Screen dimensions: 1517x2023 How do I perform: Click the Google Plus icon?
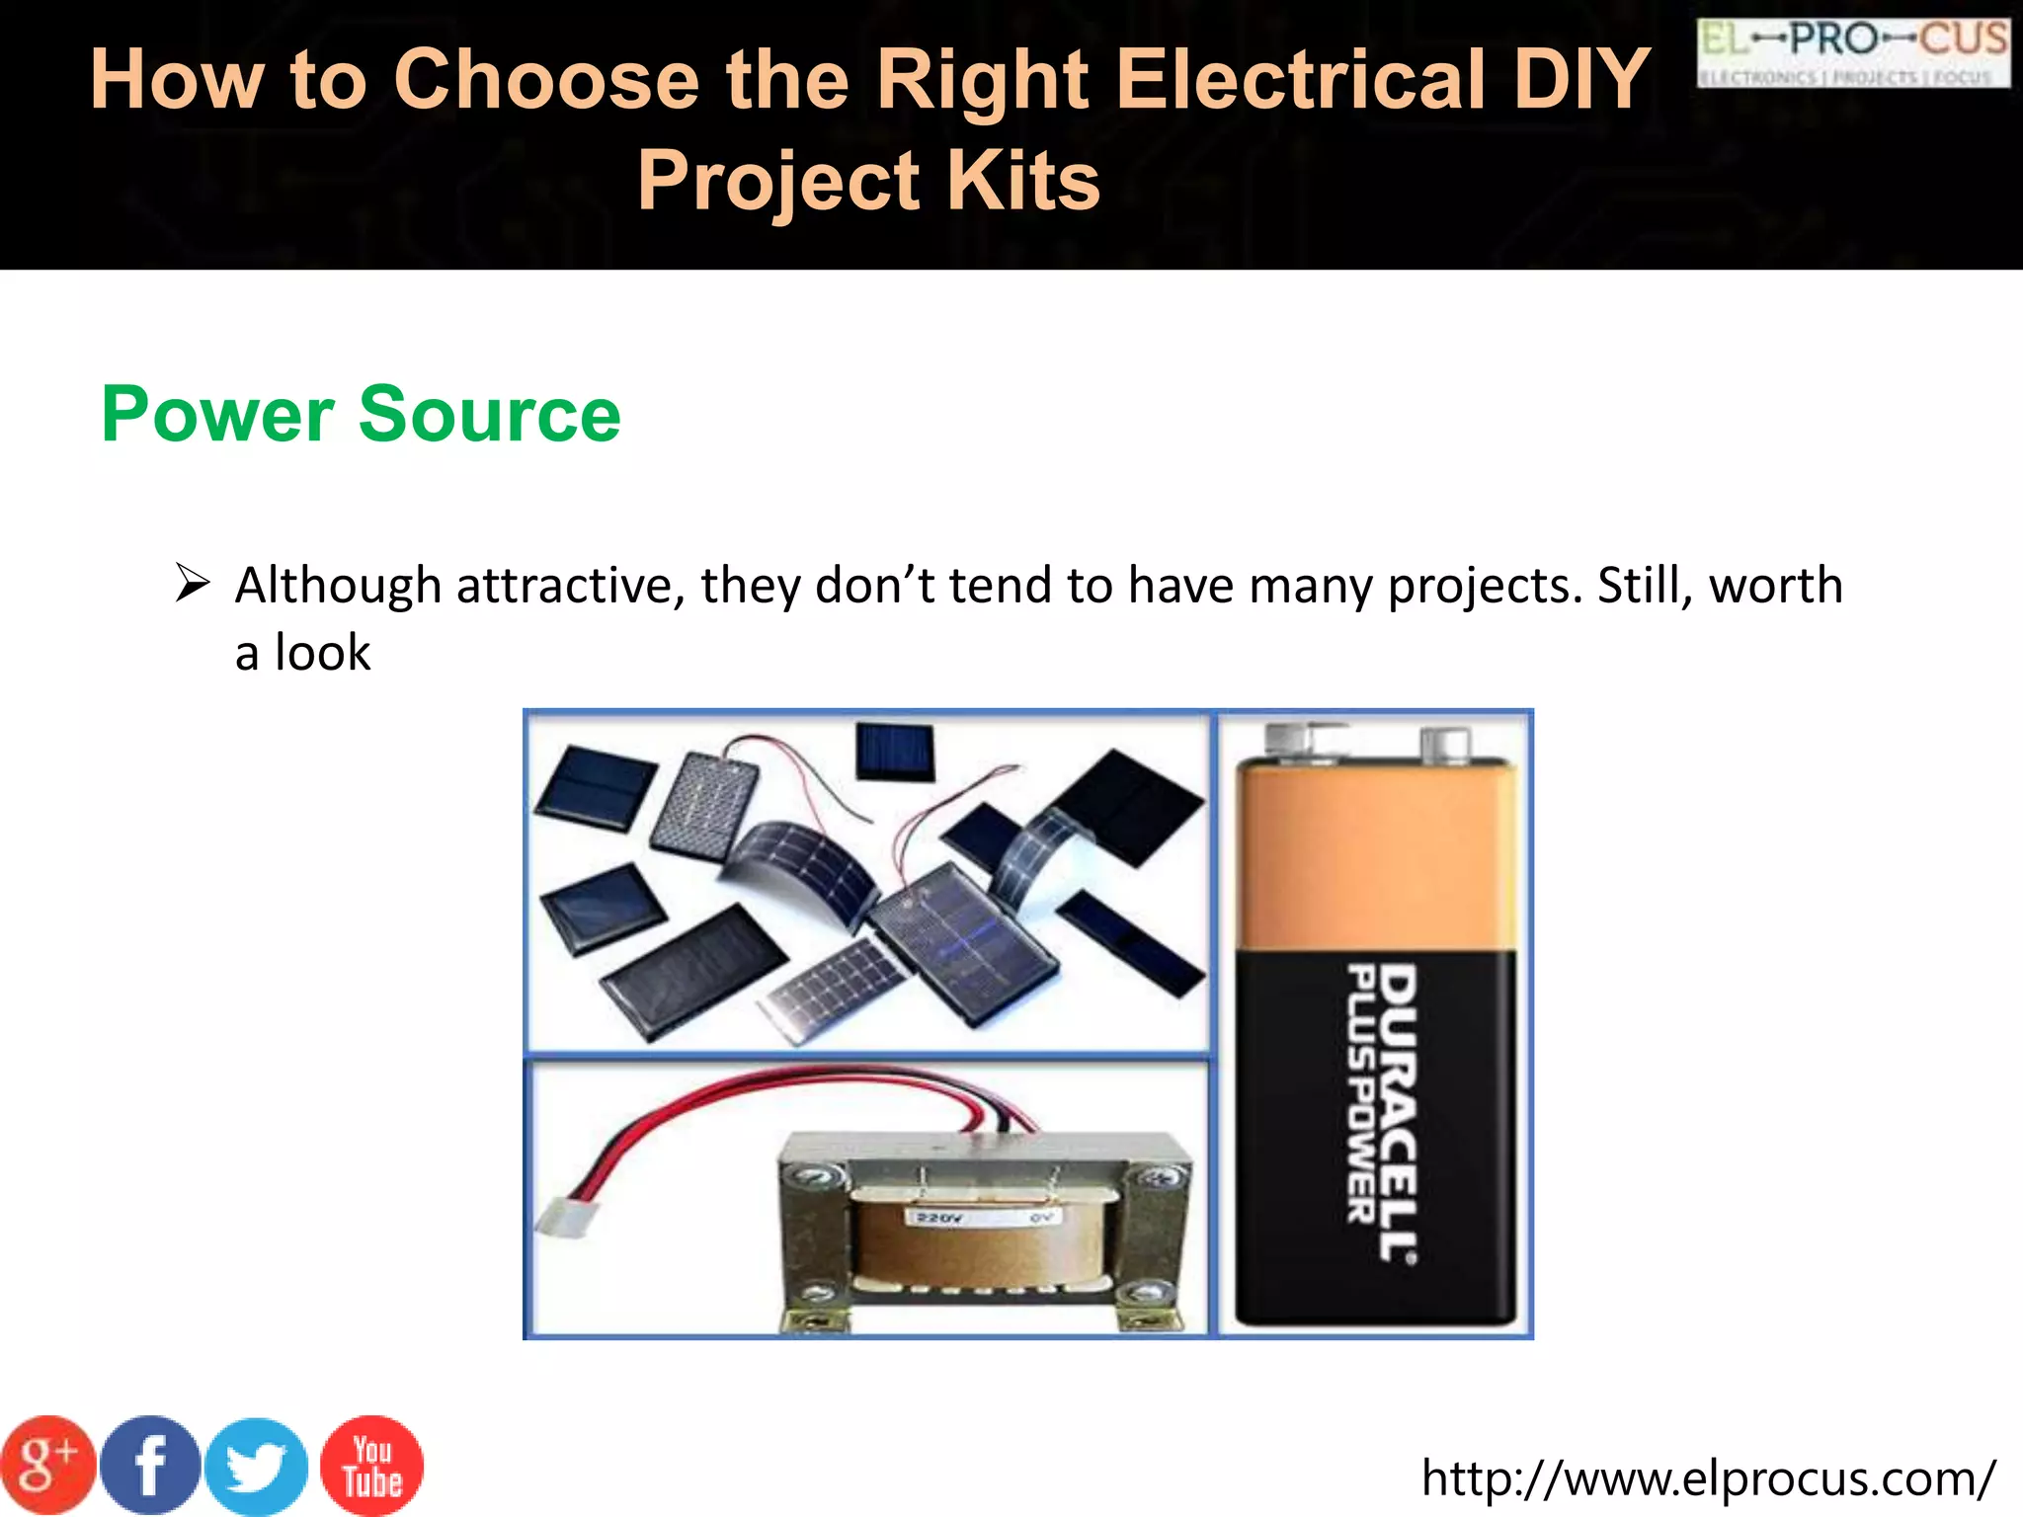point(46,1466)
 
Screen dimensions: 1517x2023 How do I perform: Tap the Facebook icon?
point(150,1466)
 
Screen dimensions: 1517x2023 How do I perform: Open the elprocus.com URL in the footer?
point(1708,1478)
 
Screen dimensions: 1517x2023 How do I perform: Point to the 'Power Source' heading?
point(361,414)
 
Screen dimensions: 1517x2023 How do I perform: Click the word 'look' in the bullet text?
point(322,653)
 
